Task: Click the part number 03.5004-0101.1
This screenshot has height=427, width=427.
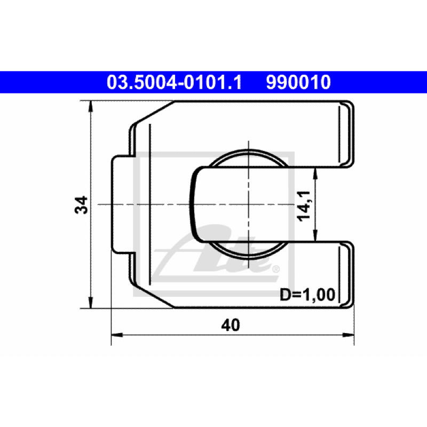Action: [x=175, y=82]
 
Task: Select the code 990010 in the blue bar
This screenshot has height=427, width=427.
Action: [x=298, y=82]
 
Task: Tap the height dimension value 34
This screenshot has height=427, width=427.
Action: [x=81, y=204]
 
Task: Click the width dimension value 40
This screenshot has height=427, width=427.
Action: [x=231, y=325]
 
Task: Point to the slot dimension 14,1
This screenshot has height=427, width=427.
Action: [x=304, y=206]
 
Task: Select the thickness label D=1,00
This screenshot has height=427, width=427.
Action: [x=307, y=295]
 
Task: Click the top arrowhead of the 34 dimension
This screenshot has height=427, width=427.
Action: [x=91, y=106]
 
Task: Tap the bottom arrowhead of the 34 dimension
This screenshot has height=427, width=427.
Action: [x=91, y=303]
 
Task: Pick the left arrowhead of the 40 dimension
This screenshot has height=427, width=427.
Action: [x=117, y=335]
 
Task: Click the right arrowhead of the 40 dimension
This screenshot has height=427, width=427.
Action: [x=349, y=335]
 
